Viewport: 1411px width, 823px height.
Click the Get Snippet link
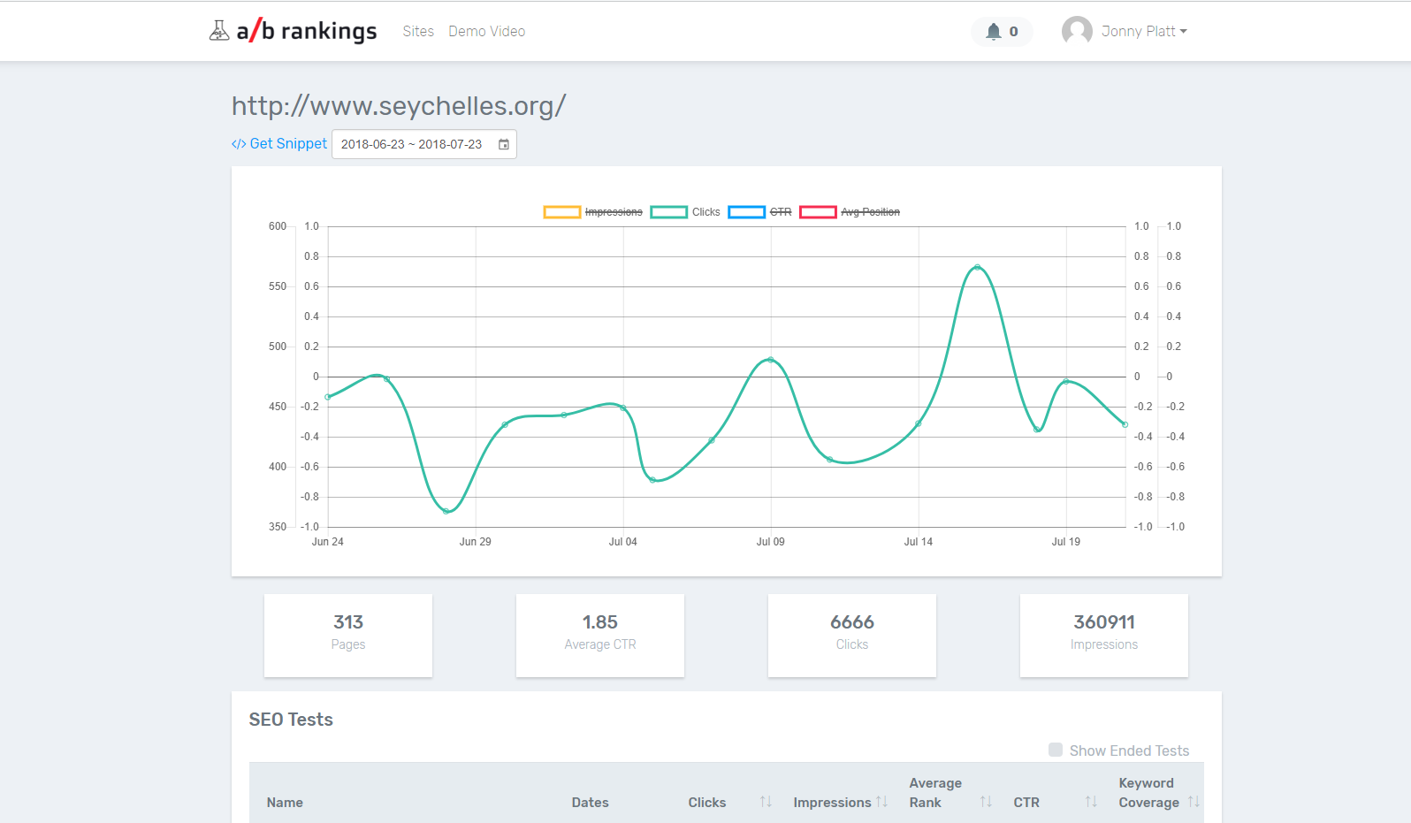(x=279, y=144)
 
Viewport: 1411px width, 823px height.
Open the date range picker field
(x=423, y=144)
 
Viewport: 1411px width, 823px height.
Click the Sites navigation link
(x=418, y=32)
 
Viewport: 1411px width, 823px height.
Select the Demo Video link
(x=486, y=32)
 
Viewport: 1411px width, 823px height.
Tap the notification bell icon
(x=994, y=32)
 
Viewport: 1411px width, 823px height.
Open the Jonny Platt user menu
(x=1125, y=32)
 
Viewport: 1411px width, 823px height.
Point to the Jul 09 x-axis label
(x=770, y=542)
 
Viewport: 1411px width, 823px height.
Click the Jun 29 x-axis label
(x=475, y=542)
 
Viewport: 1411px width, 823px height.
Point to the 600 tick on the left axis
(x=278, y=226)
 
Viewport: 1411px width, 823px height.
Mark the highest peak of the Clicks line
(x=977, y=267)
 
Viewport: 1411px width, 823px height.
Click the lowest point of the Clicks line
(x=446, y=511)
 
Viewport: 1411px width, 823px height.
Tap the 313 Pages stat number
(x=348, y=622)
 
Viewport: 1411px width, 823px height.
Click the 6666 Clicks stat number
(x=851, y=622)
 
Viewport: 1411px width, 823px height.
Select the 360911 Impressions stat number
(x=1103, y=622)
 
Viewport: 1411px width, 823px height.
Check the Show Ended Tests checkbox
(x=1056, y=750)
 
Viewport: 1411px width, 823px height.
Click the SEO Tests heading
(x=291, y=720)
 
